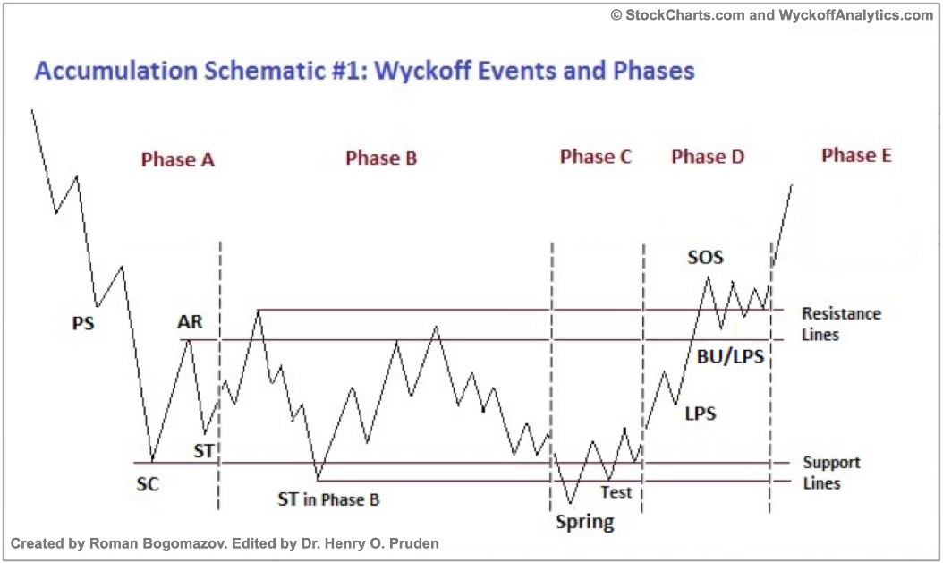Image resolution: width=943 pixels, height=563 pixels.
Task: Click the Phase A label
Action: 177,159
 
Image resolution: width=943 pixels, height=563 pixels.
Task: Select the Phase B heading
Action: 380,158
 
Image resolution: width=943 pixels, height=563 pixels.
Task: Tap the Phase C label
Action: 595,157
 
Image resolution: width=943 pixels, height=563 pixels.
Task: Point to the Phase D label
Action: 708,157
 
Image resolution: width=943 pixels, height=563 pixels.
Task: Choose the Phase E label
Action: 856,155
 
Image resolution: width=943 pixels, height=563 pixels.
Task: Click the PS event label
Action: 83,324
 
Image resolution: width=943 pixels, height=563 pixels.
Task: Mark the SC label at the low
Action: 148,484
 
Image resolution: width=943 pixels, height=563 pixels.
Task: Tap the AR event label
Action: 190,322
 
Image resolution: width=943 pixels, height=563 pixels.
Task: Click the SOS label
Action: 705,258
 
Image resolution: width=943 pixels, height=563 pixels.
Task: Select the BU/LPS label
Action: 730,357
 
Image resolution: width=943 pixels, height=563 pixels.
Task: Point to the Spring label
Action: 585,522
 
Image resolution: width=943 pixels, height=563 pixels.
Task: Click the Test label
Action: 616,492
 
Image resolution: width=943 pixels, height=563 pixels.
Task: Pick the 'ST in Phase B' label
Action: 328,499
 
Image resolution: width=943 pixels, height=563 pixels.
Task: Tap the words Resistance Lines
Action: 841,324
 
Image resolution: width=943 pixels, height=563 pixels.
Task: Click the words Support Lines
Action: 832,473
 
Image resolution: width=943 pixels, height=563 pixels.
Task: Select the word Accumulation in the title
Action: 115,71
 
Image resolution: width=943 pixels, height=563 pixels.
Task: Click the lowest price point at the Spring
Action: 570,503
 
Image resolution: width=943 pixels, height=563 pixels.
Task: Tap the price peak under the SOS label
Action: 708,277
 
